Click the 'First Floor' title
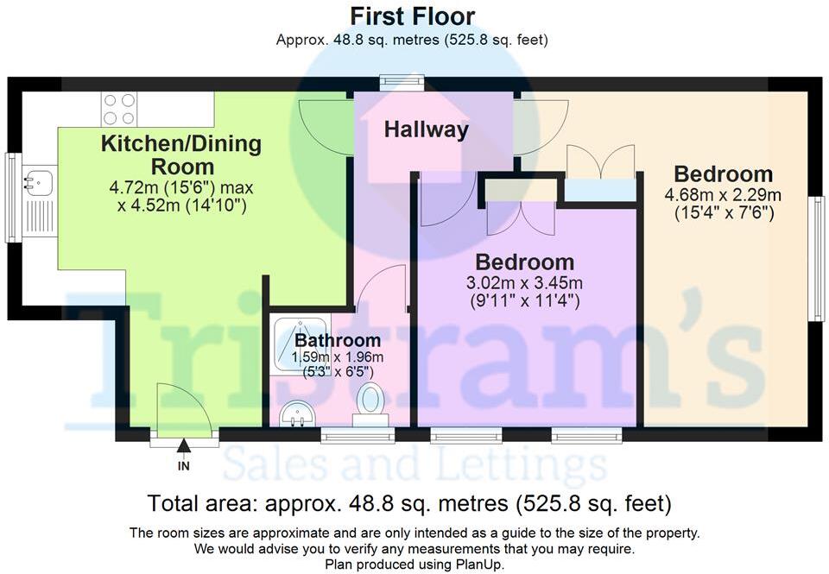[413, 16]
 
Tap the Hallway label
[426, 130]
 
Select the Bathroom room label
[338, 340]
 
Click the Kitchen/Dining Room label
[181, 155]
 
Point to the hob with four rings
[119, 109]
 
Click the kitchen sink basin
[37, 183]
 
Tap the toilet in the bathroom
[370, 404]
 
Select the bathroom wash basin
[296, 413]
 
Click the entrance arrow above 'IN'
[183, 445]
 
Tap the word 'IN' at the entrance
[183, 466]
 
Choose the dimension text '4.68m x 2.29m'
[723, 196]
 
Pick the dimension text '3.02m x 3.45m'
[524, 283]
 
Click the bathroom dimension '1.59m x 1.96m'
[338, 357]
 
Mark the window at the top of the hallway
[403, 80]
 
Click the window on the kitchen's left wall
[10, 198]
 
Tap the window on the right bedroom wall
[819, 258]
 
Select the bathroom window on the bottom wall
[358, 436]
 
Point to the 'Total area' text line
[409, 503]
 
